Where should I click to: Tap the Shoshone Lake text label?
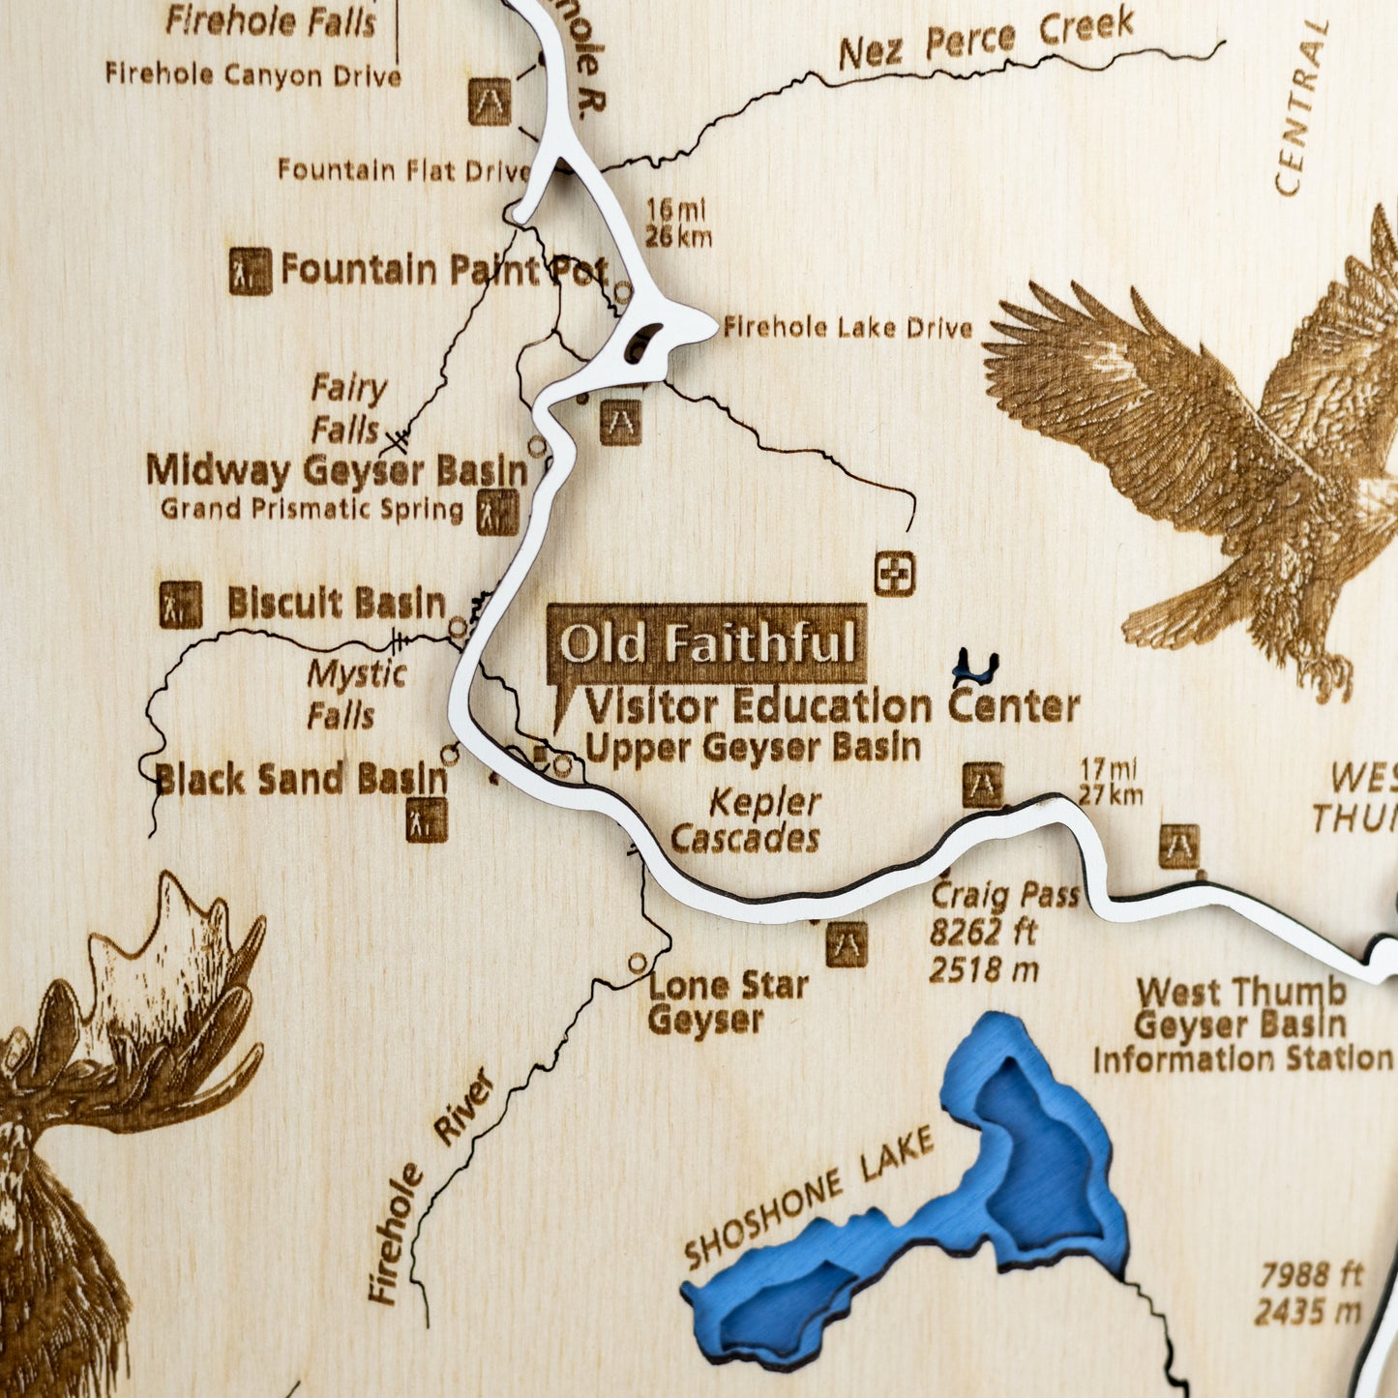[809, 1197]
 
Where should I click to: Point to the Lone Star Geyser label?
[728, 1003]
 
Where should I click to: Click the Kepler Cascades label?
[747, 820]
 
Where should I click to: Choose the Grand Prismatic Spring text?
[312, 509]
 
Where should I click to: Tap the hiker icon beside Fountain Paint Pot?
[250, 271]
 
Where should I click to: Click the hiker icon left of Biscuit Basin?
[181, 605]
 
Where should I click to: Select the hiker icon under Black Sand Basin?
[427, 819]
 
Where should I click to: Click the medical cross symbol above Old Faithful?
[895, 574]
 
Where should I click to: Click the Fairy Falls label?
[347, 408]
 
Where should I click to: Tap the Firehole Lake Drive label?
[848, 328]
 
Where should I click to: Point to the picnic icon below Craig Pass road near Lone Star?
[847, 943]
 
